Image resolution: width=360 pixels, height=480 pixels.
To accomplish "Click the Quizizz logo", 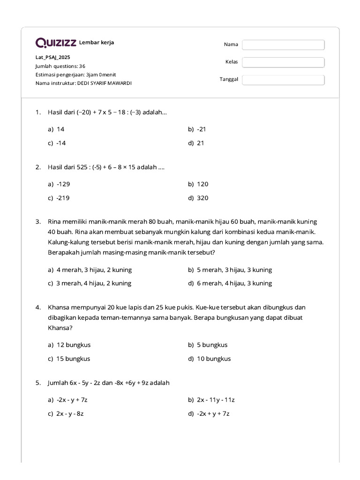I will pyautogui.click(x=56, y=43).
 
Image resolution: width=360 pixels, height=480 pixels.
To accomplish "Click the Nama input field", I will pyautogui.click(x=283, y=45).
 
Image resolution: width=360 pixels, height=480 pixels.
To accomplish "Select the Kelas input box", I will pyautogui.click(x=283, y=62).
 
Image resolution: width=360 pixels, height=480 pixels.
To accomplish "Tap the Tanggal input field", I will pyautogui.click(x=283, y=80).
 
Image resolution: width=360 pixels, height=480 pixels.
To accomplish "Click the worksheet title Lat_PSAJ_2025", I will pyautogui.click(x=53, y=57).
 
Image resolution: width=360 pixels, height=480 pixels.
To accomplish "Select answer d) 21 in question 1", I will pyautogui.click(x=196, y=143).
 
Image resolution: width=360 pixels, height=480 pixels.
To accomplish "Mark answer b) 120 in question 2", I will pyautogui.click(x=198, y=184).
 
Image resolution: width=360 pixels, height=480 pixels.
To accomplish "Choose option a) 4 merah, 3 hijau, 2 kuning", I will pyautogui.click(x=90, y=270).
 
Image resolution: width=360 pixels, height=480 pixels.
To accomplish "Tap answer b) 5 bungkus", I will pyautogui.click(x=208, y=345).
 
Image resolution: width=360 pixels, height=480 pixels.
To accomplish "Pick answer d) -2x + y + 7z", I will pyautogui.click(x=209, y=413).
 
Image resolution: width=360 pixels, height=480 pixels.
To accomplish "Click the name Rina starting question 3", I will pyautogui.click(x=55, y=221).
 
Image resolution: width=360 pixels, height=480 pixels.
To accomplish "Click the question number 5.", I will pyautogui.click(x=38, y=383).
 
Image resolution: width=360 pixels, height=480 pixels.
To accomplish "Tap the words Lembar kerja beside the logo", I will pyautogui.click(x=97, y=43).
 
